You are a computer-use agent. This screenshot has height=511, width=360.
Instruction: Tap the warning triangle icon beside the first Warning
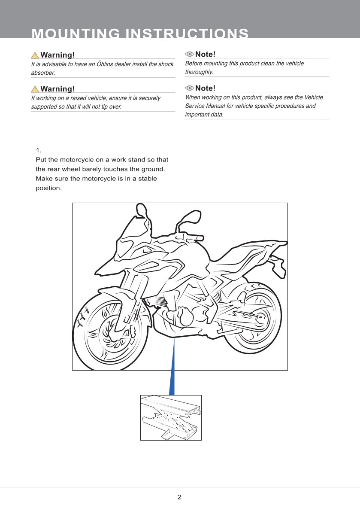tap(35, 55)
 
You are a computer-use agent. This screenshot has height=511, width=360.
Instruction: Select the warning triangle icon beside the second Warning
tap(35, 89)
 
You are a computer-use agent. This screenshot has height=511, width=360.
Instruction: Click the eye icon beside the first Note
tap(189, 54)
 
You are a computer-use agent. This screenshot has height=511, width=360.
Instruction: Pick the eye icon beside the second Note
tap(189, 88)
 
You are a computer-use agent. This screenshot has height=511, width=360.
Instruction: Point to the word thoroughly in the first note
tap(199, 72)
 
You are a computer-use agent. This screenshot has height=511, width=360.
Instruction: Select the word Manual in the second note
tap(223, 106)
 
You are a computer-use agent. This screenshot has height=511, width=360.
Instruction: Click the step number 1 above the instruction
tap(38, 150)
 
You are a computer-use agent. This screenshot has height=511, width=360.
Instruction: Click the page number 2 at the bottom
tap(179, 497)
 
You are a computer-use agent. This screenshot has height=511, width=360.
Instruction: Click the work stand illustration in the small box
tap(171, 417)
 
